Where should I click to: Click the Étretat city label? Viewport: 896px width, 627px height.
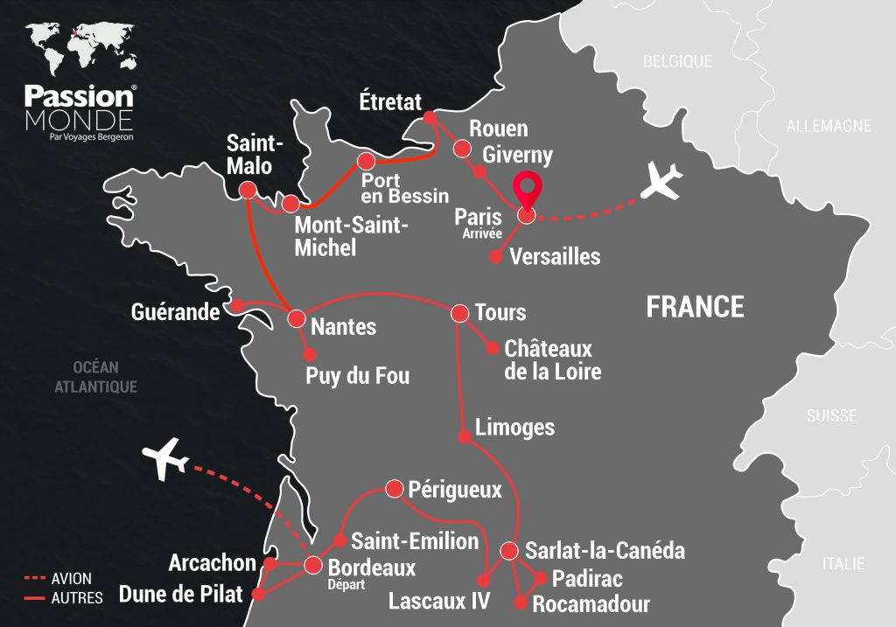390,101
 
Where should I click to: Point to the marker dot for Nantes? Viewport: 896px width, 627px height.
297,317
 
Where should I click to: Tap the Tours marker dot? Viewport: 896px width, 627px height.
459,312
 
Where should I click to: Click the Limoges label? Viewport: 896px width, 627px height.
514,428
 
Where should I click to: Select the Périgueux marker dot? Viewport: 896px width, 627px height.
393,488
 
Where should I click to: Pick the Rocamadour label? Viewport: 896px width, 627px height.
591,603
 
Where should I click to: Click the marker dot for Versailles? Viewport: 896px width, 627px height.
495,257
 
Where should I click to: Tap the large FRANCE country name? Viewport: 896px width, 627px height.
695,307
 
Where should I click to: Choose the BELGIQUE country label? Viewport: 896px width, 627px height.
677,62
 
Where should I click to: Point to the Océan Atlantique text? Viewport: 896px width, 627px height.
96,377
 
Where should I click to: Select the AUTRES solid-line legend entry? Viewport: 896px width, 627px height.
61,598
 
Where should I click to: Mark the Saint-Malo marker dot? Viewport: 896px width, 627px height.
248,190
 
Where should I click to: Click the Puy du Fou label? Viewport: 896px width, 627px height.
357,377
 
